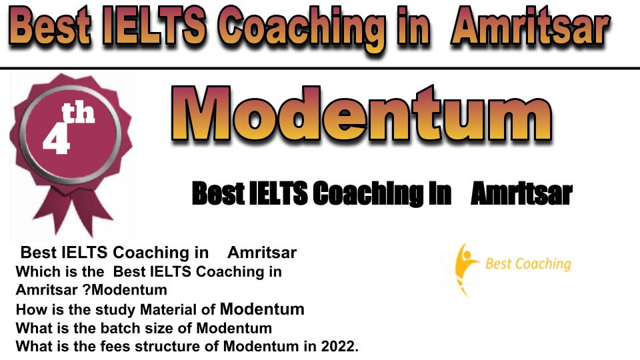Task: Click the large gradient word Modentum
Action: tap(361, 114)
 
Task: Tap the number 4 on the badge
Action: tap(56, 139)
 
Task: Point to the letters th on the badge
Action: tap(79, 113)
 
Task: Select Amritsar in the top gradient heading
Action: tap(530, 29)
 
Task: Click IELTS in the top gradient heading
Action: tap(155, 26)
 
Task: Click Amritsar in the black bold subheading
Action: tap(521, 193)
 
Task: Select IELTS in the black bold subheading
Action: tap(278, 193)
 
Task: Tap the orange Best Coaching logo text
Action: tap(528, 264)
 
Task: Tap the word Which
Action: tap(35, 271)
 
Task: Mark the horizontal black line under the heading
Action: tap(320, 68)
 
